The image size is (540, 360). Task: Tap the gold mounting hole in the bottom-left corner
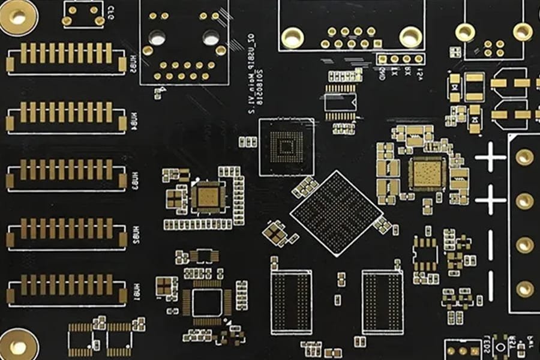pos(17,347)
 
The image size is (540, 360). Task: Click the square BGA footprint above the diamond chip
pos(286,147)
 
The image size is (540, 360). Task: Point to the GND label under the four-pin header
pos(382,74)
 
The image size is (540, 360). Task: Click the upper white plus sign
pos(490,158)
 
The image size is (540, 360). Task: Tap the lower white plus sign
pos(490,200)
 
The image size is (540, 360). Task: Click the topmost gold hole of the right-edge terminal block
pos(524,157)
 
